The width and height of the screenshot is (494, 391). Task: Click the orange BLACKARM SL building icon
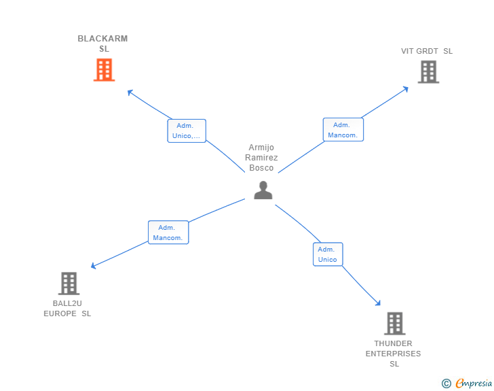click(104, 70)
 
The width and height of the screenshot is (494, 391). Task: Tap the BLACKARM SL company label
click(102, 44)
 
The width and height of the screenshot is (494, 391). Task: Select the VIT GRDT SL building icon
click(428, 72)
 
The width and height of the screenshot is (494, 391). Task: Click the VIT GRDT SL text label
click(427, 51)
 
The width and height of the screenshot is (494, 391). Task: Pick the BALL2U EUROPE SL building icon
click(69, 284)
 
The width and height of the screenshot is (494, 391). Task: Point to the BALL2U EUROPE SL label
click(67, 308)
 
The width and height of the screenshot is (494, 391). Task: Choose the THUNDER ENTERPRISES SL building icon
click(394, 324)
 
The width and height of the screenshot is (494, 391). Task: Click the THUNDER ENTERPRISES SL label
click(393, 354)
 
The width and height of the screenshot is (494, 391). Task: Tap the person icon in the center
click(263, 190)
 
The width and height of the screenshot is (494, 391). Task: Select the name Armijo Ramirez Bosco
click(261, 158)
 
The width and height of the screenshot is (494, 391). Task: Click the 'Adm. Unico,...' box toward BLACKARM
click(187, 131)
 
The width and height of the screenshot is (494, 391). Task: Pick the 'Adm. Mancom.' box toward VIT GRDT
click(343, 129)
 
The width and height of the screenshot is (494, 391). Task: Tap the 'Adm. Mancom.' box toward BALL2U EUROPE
click(168, 233)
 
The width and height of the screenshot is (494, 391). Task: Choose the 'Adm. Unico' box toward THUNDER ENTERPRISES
click(328, 254)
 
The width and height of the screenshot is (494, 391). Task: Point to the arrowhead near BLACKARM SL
click(130, 91)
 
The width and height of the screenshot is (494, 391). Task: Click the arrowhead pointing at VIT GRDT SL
click(405, 88)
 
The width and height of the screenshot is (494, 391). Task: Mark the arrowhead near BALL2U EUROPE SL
click(94, 267)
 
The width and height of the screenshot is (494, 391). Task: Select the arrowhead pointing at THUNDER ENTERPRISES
click(378, 303)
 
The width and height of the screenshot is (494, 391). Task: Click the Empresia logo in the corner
click(474, 384)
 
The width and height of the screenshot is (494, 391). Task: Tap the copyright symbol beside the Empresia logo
click(446, 384)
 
